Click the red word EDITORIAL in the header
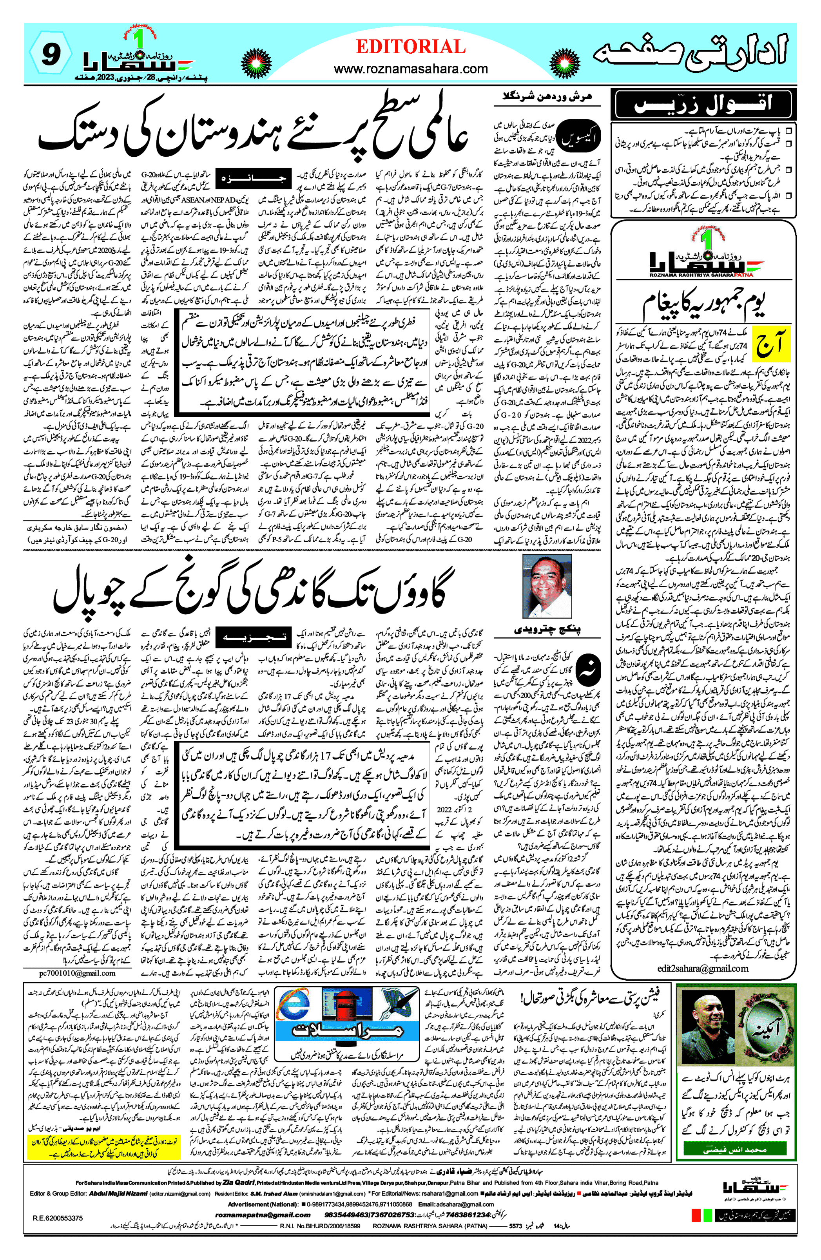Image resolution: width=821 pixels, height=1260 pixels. coord(411,47)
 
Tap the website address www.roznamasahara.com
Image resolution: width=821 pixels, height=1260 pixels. coord(411,69)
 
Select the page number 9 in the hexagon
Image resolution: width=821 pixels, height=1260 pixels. coord(50,54)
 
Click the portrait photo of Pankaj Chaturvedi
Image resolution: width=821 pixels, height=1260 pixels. coord(547,585)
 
